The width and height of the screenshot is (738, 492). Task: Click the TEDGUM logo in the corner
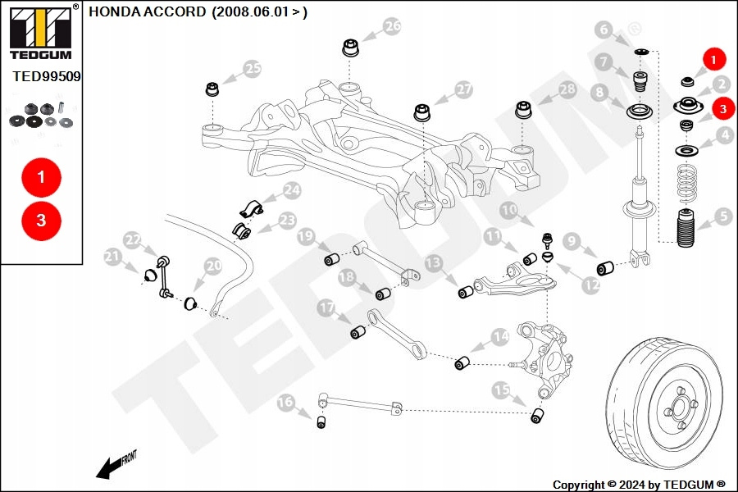(39, 34)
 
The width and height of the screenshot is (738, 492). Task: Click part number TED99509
(47, 76)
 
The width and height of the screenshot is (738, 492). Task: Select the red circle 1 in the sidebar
(42, 176)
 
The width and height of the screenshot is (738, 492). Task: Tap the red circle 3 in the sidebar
(42, 220)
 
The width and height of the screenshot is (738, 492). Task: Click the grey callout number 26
(393, 26)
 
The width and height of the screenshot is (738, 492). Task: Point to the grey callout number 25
(252, 69)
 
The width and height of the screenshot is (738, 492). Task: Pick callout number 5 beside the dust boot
(722, 216)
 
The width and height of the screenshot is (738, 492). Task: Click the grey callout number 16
(285, 402)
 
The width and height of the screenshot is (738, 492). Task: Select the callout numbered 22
(133, 239)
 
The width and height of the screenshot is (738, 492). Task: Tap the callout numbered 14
(500, 336)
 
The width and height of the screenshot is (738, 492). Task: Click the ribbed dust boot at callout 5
(686, 230)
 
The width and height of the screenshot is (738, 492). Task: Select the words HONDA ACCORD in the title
(148, 12)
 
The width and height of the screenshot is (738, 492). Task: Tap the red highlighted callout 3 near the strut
(722, 107)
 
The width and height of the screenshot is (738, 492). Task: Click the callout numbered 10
(509, 210)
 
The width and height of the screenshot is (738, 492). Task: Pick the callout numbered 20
(213, 266)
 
